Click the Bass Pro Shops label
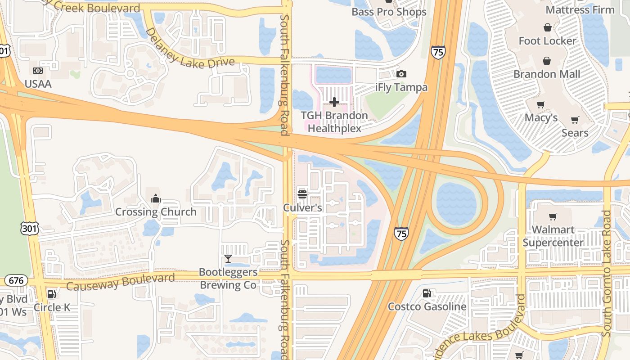pyautogui.click(x=389, y=12)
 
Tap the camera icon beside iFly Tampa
pyautogui.click(x=401, y=74)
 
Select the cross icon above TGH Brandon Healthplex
pyautogui.click(x=334, y=102)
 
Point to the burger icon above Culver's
pyautogui.click(x=302, y=194)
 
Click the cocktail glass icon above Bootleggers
pyautogui.click(x=228, y=259)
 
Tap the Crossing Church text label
pyautogui.click(x=156, y=212)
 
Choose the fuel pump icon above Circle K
pyautogui.click(x=52, y=294)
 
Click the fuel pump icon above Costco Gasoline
pyautogui.click(x=427, y=293)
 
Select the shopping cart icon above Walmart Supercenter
pyautogui.click(x=553, y=217)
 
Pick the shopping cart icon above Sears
pyautogui.click(x=575, y=120)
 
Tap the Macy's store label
pyautogui.click(x=541, y=118)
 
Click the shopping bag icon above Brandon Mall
pyautogui.click(x=547, y=61)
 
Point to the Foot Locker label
pyautogui.click(x=547, y=41)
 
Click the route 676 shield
pyautogui.click(x=16, y=280)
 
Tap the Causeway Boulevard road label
pyautogui.click(x=121, y=282)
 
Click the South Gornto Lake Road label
pyautogui.click(x=607, y=274)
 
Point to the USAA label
pyautogui.click(x=38, y=84)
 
